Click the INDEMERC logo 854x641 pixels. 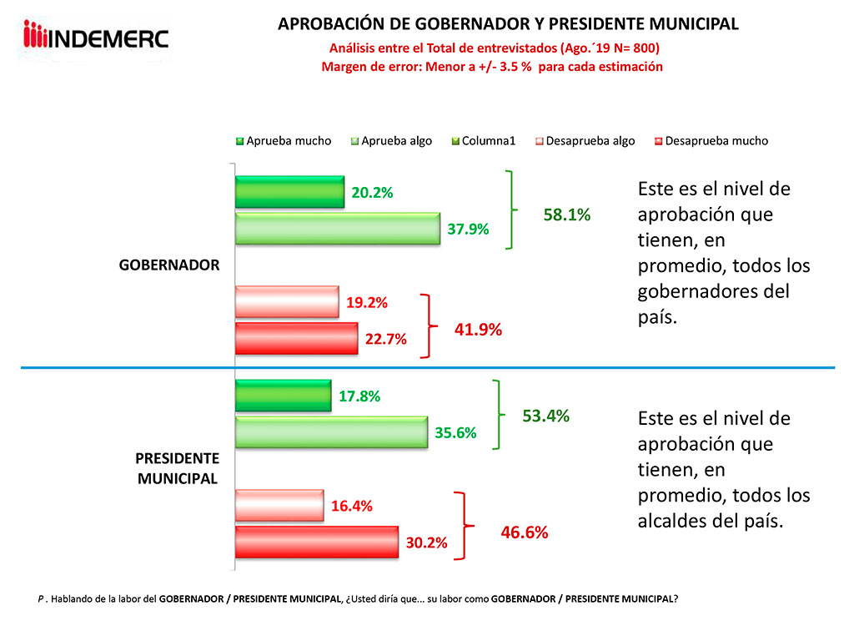(x=97, y=37)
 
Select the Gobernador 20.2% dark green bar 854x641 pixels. (x=289, y=192)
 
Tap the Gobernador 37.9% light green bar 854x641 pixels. (x=337, y=228)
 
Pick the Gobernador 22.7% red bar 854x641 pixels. (x=296, y=339)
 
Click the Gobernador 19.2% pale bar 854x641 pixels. (x=287, y=301)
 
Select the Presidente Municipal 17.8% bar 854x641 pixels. (x=284, y=396)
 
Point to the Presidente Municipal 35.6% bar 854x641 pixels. (x=331, y=432)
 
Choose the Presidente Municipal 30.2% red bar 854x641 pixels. (x=317, y=543)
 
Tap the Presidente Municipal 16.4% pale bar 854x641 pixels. (x=279, y=505)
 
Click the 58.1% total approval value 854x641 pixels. (x=567, y=215)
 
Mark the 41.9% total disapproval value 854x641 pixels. (x=478, y=330)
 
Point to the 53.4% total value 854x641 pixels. (x=545, y=416)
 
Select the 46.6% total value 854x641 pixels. (x=525, y=532)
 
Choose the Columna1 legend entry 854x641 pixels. (x=488, y=141)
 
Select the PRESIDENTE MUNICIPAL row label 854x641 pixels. (x=178, y=468)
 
